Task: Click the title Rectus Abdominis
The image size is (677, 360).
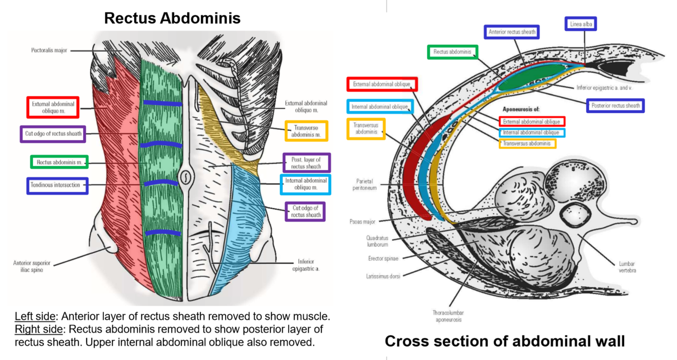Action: coord(172,18)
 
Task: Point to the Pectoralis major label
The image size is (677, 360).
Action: coord(49,51)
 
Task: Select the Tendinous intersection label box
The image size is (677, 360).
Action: coord(57,186)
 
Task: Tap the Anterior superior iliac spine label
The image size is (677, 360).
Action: coord(32,266)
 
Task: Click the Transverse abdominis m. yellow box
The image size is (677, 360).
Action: coord(306,131)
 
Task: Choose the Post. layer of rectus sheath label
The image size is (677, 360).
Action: coord(306,163)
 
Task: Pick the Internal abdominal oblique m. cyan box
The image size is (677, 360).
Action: coord(306,184)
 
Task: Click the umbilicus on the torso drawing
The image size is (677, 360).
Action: coord(186,177)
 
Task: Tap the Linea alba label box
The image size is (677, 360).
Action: coord(581,24)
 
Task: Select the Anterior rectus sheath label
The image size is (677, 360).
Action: coord(511,32)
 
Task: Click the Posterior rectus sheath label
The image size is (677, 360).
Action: coord(615,106)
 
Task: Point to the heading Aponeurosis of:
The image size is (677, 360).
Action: coord(521,109)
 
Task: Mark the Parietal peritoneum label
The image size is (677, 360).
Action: coord(364,184)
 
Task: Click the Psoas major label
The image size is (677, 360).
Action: coord(362,222)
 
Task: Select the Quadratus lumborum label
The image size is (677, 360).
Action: coord(377,241)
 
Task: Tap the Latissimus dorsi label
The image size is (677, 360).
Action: coord(383,276)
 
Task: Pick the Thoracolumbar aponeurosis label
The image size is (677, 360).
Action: coord(448,316)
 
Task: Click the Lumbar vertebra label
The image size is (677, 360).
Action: coord(627,267)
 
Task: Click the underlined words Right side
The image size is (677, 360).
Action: coord(38,329)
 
